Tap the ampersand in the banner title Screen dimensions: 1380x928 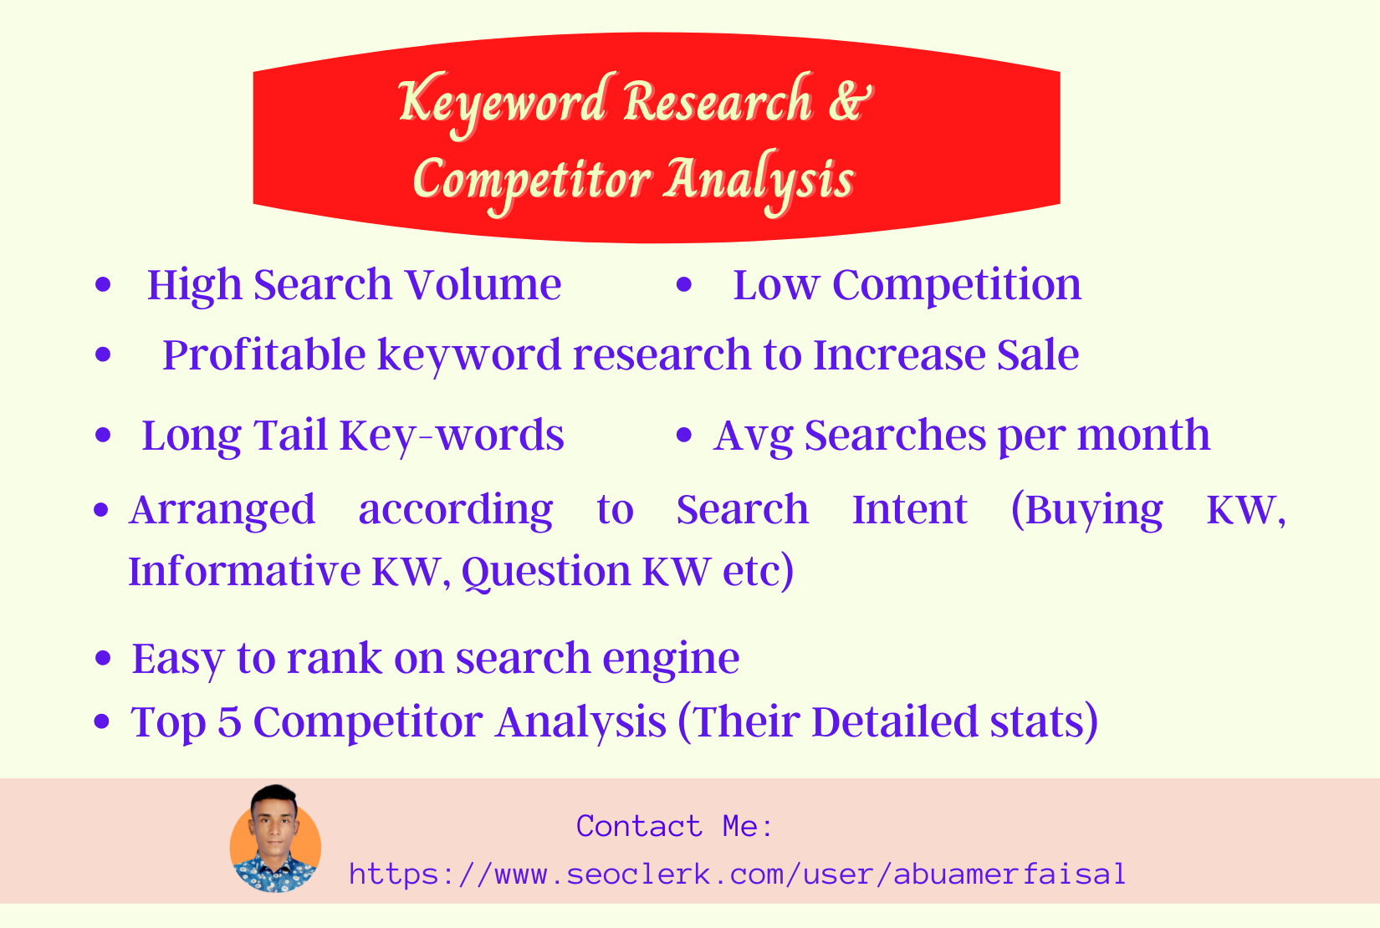click(851, 100)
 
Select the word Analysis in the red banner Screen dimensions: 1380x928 click(759, 180)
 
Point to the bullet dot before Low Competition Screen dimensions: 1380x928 click(685, 285)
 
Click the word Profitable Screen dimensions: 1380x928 click(263, 355)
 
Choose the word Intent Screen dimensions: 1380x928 click(909, 509)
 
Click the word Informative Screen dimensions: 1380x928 click(243, 572)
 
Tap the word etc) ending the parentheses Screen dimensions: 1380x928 click(758, 572)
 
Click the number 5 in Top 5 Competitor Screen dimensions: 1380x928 click(229, 721)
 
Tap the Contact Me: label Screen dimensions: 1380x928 click(674, 826)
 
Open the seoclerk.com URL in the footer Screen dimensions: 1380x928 click(738, 874)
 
